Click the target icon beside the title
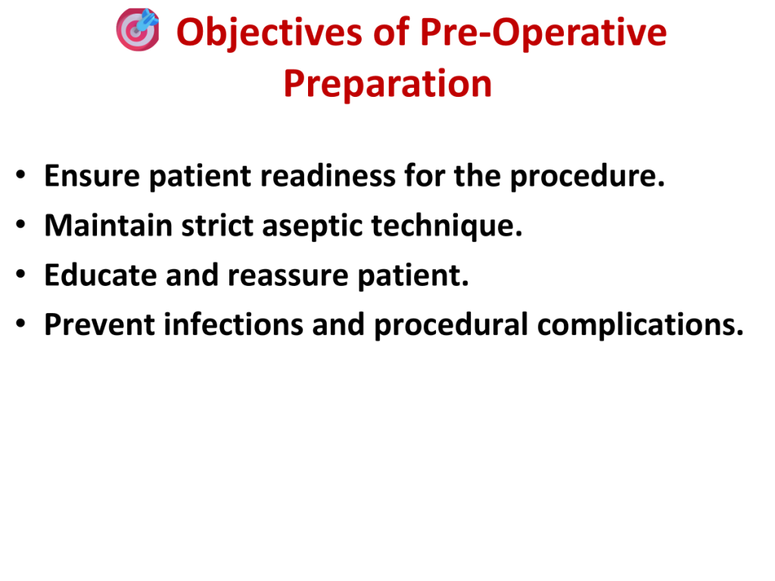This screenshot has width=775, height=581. click(138, 30)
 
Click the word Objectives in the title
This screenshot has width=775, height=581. click(269, 33)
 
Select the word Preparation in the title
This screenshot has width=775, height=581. click(387, 83)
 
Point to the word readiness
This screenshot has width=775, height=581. click(328, 176)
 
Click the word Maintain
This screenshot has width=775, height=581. click(108, 225)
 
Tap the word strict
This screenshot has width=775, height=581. click(217, 225)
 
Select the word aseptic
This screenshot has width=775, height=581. click(313, 226)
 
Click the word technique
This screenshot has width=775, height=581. click(447, 226)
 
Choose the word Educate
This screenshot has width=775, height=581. click(101, 275)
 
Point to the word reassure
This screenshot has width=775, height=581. click(288, 275)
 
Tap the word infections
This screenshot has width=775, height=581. click(233, 324)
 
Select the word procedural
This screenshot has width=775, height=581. click(451, 325)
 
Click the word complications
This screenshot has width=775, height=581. click(640, 325)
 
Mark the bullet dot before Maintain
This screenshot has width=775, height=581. click(20, 224)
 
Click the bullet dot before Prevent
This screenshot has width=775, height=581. click(20, 323)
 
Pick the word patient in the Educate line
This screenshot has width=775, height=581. click(412, 275)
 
